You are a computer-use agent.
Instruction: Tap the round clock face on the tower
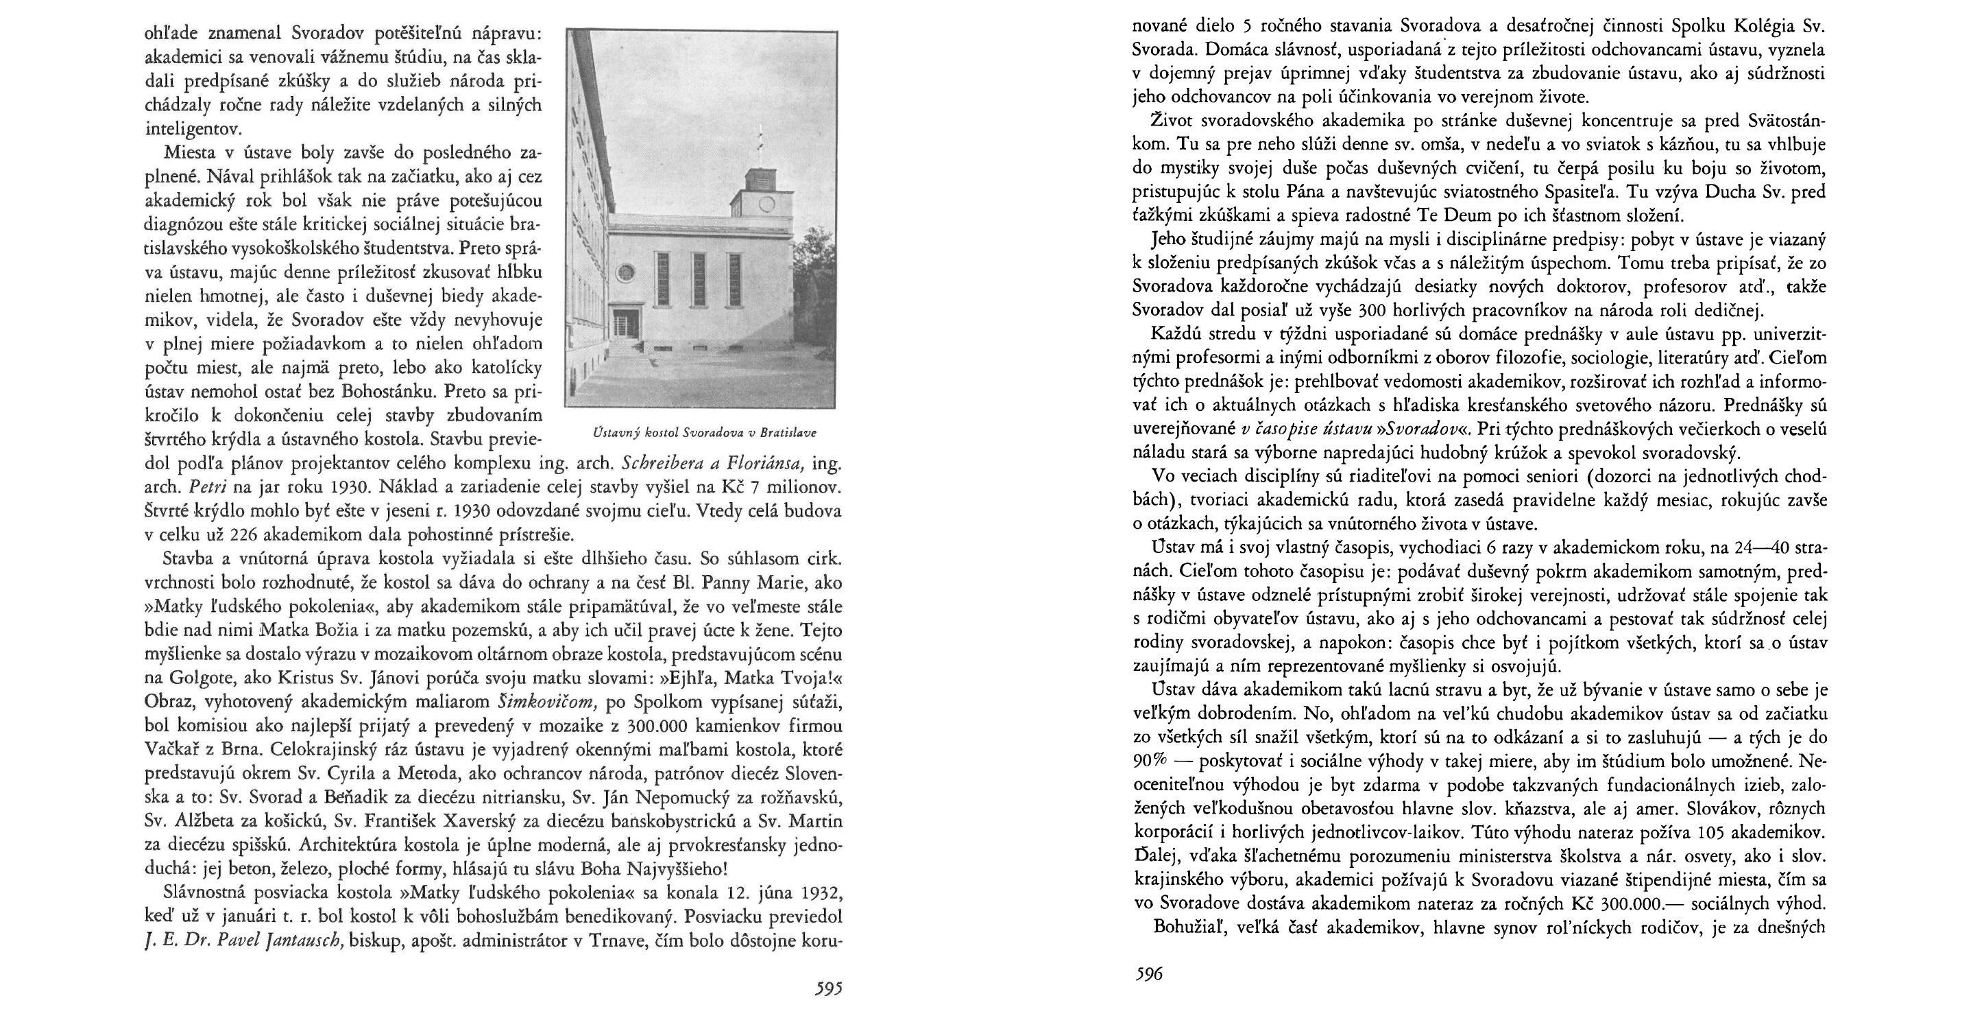pos(766,204)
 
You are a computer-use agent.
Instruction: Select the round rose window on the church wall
pos(628,271)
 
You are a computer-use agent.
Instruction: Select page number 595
pos(828,989)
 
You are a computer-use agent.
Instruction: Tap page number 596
pos(1148,975)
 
